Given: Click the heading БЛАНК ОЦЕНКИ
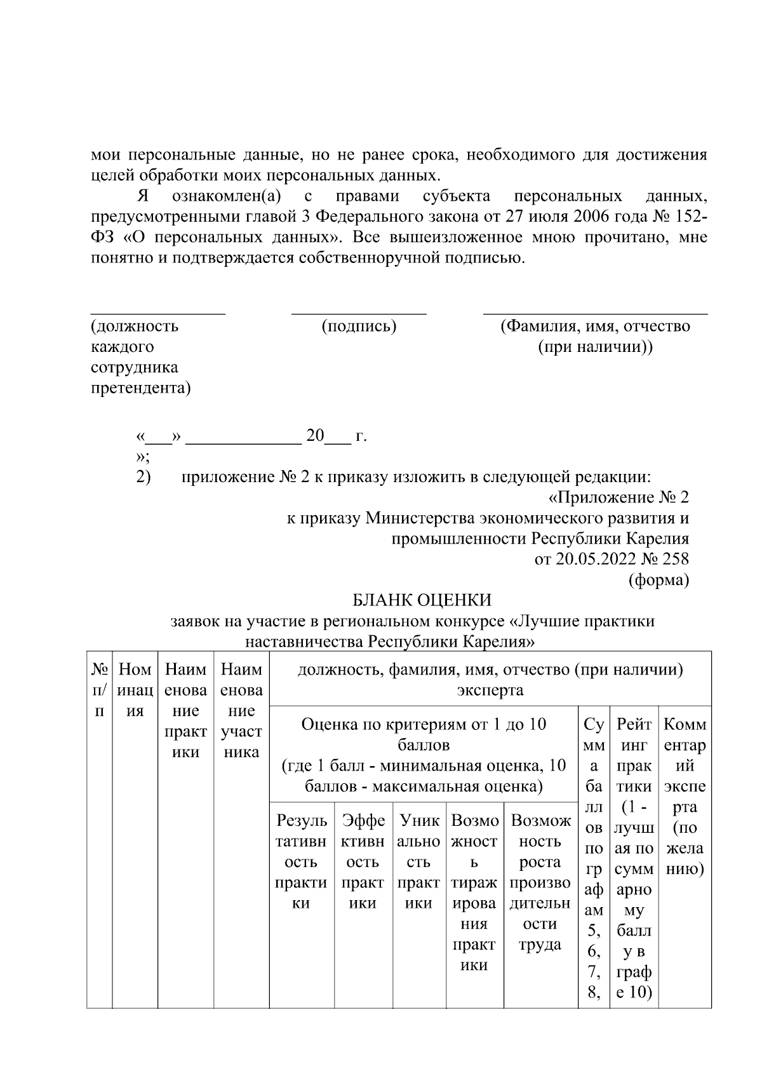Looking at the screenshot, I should point(422,600).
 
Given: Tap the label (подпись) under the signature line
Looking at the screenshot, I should point(359,327).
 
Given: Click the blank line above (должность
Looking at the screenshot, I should point(157,313).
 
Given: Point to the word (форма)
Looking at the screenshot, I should point(658,580).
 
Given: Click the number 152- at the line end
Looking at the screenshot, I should point(689,217).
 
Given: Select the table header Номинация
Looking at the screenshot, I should point(135,690).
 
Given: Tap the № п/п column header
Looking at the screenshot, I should point(99,690).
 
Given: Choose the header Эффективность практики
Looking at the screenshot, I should point(363,861).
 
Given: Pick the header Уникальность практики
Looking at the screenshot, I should point(418,861).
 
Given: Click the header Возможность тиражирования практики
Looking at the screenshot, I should point(474,893).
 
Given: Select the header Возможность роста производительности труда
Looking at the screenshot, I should point(540,882).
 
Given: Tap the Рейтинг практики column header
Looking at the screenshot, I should point(633,858).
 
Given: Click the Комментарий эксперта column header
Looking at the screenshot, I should point(684,795).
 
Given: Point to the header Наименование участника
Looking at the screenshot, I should point(241,711).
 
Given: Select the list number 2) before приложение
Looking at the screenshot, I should point(143,476).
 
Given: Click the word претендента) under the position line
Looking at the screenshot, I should point(140,388).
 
